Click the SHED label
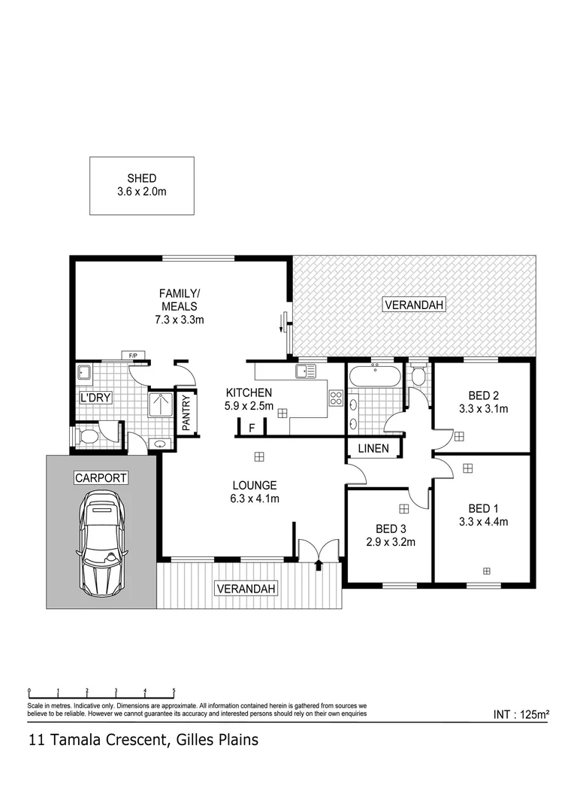[141, 178]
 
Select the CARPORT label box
[101, 477]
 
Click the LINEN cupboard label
[373, 449]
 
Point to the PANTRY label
[186, 412]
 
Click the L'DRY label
[95, 398]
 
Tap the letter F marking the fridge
[252, 429]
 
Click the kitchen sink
[305, 371]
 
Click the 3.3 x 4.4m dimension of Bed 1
[484, 520]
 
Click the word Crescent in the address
[126, 741]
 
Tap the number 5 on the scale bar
[174, 689]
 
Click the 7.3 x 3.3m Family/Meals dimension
[178, 320]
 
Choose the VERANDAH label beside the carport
[243, 588]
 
